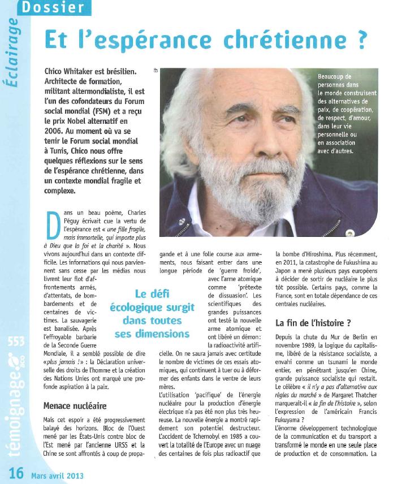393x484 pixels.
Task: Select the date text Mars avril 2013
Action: click(x=58, y=476)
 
